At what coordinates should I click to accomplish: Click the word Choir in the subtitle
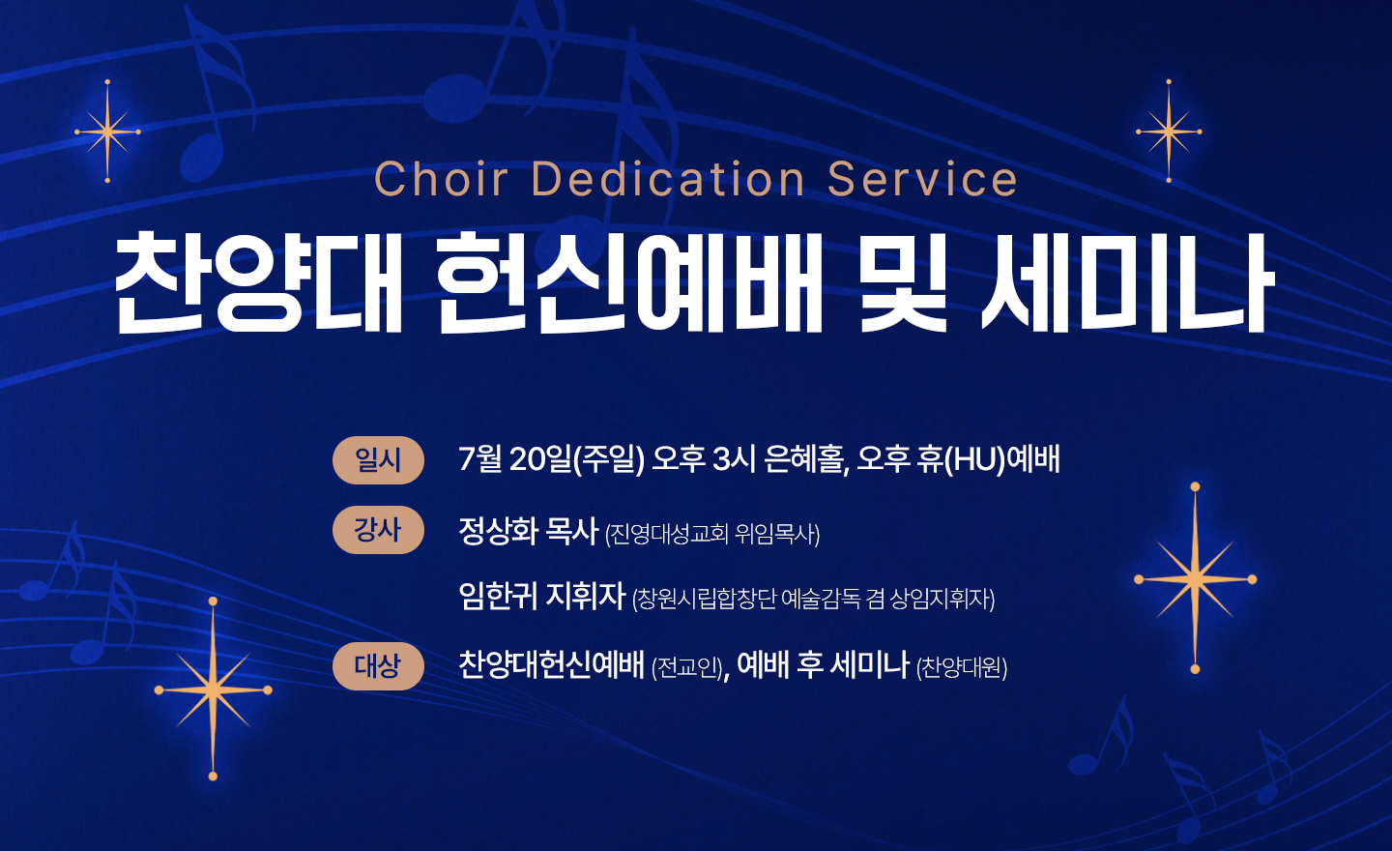442,178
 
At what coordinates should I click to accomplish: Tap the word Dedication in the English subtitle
669,178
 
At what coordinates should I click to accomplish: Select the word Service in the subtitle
922,178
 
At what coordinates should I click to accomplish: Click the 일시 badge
379,460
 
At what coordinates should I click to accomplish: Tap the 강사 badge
379,530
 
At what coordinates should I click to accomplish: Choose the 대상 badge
379,665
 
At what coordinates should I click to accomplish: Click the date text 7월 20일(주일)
551,459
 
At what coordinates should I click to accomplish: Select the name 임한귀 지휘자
541,596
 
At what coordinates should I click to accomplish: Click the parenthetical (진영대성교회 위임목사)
712,534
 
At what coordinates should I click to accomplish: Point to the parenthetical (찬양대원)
962,668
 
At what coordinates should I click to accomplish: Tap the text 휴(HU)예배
988,459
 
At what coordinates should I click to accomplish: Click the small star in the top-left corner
107,132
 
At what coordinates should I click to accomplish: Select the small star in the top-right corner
1169,132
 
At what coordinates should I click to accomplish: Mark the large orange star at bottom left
213,690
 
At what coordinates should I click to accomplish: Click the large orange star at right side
1195,578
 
